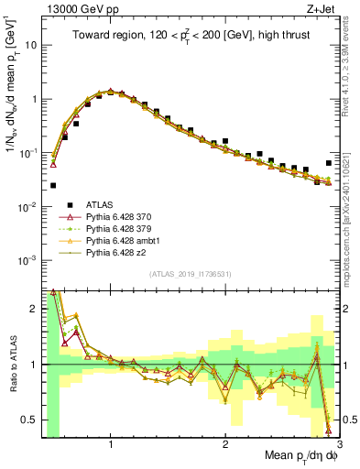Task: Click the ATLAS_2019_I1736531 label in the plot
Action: click(190, 274)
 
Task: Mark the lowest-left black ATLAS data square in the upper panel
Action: click(53, 185)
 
